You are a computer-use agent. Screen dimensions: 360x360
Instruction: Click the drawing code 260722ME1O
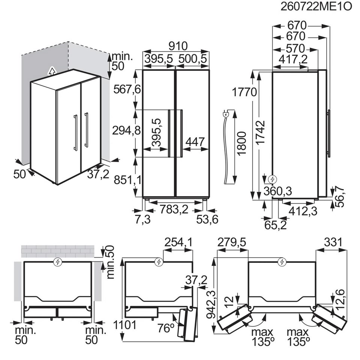pyautogui.click(x=316, y=7)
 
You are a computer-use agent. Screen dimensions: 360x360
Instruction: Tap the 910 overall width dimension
pyautogui.click(x=178, y=46)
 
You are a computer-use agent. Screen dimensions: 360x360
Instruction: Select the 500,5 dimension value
pyautogui.click(x=193, y=59)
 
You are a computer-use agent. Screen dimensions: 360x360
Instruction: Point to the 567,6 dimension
pyautogui.click(x=127, y=89)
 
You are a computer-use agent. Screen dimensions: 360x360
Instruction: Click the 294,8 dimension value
pyautogui.click(x=126, y=130)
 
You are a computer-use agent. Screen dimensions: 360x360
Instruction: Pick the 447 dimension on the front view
pyautogui.click(x=195, y=142)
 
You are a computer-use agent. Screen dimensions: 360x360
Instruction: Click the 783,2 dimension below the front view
pyautogui.click(x=174, y=209)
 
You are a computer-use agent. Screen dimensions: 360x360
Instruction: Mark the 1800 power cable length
pyautogui.click(x=241, y=144)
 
